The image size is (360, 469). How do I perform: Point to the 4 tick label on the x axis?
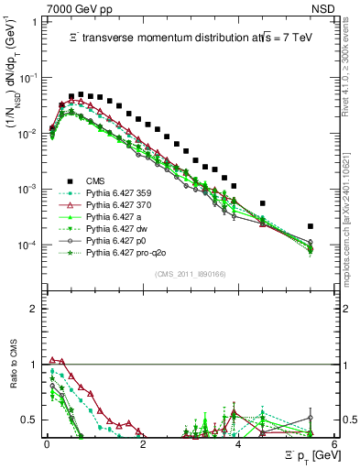(x=238, y=443)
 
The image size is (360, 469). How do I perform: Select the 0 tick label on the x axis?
(x=46, y=443)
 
